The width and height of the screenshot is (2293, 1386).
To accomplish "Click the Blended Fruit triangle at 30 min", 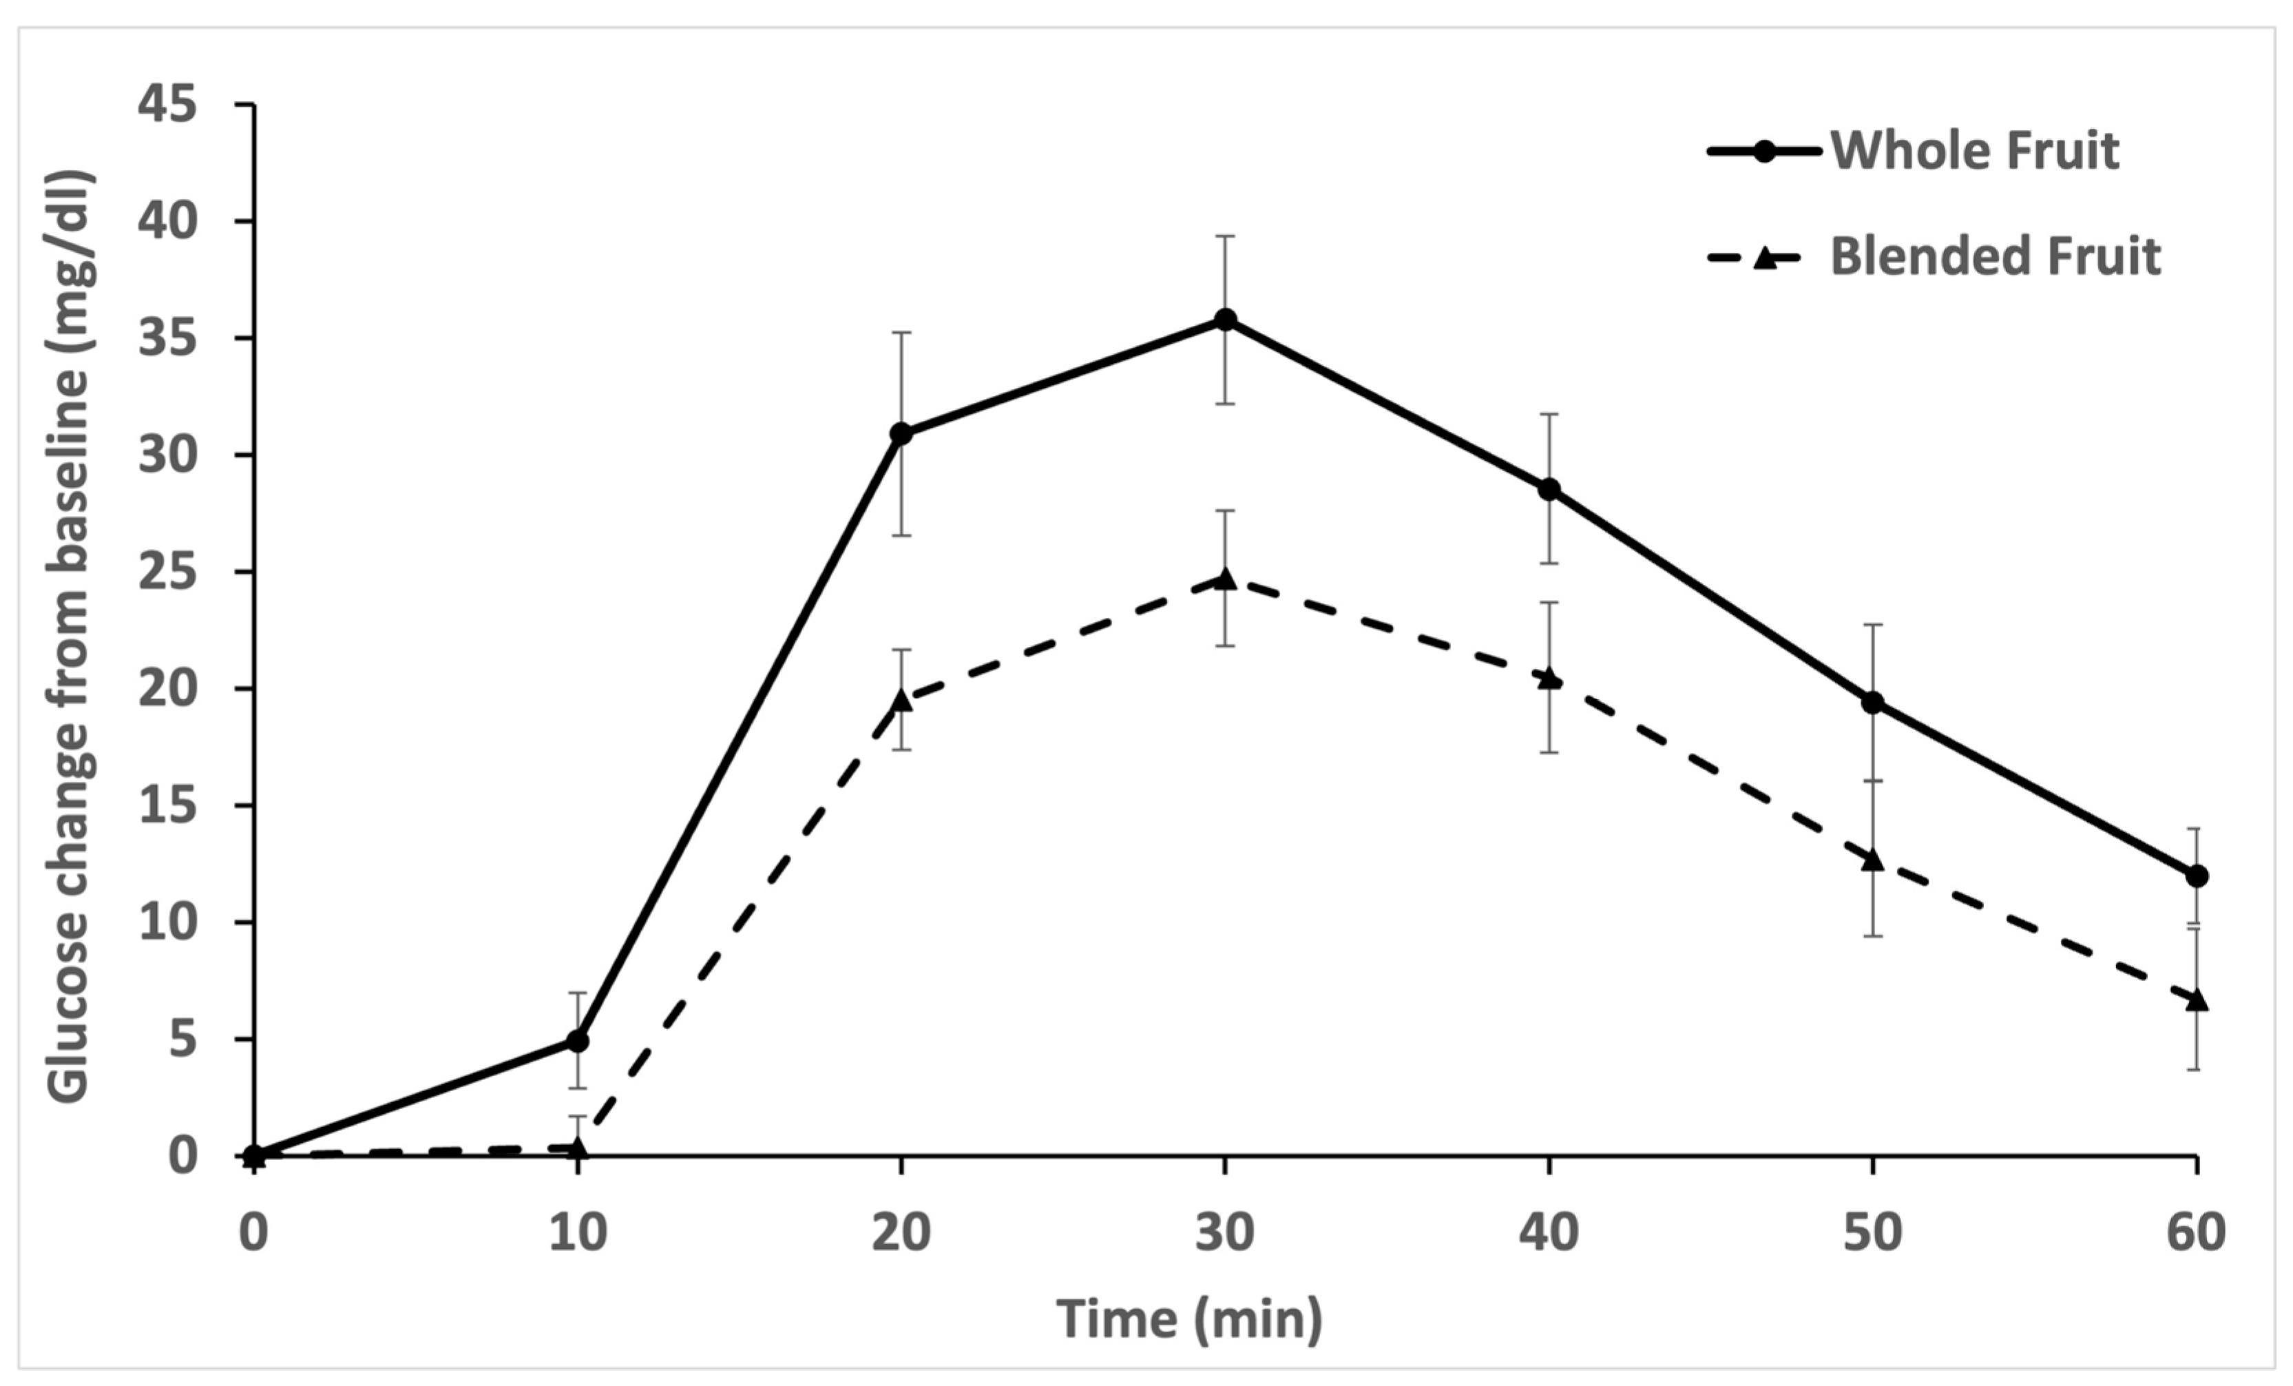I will (x=1225, y=579).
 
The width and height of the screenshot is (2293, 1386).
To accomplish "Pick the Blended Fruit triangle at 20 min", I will (x=901, y=700).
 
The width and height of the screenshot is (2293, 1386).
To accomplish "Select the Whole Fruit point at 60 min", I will (x=2196, y=876).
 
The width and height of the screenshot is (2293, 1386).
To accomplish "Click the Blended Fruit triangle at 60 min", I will (x=2196, y=1000).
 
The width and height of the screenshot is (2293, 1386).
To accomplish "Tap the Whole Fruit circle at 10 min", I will (x=577, y=1041).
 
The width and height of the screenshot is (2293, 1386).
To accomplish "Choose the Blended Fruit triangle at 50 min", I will (x=1872, y=859).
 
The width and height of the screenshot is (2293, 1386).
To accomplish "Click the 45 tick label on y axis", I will (x=167, y=104).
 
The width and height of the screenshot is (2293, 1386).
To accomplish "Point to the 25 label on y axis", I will (x=167, y=572).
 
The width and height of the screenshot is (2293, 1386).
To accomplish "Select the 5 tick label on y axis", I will (x=183, y=1039).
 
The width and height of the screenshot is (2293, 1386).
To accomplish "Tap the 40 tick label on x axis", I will (x=1549, y=1232).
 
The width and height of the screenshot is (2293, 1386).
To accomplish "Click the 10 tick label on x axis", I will (x=577, y=1232).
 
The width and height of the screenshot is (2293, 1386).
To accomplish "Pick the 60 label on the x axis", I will (x=2196, y=1232).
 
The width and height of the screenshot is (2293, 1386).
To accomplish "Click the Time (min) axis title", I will (x=1189, y=1320).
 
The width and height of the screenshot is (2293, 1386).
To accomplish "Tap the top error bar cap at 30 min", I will (x=1225, y=236).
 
